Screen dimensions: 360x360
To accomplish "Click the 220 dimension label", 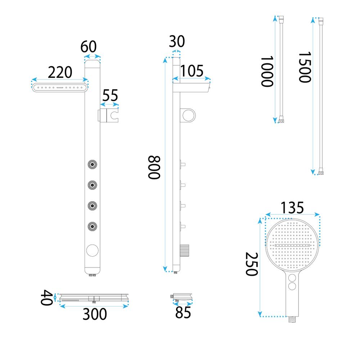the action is point(60,72).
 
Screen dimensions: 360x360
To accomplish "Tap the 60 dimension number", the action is point(89,46).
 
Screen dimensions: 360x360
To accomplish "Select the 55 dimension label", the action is point(110,95).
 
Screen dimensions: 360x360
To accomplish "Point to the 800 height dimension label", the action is point(154,167).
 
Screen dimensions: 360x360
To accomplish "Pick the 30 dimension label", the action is point(177,41).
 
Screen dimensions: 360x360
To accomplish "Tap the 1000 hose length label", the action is point(267,71).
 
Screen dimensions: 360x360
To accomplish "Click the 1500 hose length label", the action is point(305,67).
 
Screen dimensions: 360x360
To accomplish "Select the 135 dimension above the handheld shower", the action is point(292,208).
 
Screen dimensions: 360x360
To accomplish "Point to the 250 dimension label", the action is point(252,264).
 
